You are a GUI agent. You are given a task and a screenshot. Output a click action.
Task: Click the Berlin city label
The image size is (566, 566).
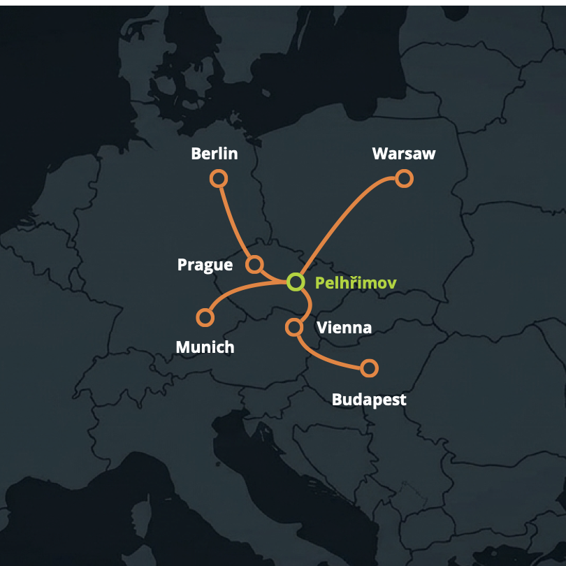[215, 154]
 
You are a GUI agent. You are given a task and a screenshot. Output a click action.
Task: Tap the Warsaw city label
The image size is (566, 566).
[404, 154]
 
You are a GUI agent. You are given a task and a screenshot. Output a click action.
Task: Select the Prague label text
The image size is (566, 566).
[205, 265]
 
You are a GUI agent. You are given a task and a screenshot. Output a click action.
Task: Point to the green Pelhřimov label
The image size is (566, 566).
[356, 283]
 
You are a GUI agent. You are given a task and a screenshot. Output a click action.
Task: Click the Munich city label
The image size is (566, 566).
[205, 347]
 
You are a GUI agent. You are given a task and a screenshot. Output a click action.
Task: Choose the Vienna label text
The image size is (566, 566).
[344, 327]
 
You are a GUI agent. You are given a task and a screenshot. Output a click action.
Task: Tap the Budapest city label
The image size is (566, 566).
[369, 400]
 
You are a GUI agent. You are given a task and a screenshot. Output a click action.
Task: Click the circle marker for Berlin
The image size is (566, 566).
[219, 179]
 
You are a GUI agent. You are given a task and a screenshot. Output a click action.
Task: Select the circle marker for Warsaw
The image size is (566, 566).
[404, 179]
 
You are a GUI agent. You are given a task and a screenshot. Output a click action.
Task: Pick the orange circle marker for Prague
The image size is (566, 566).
[254, 264]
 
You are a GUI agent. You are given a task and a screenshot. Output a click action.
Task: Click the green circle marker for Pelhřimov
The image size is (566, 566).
[296, 282]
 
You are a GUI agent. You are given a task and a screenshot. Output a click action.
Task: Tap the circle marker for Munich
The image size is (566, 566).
[205, 318]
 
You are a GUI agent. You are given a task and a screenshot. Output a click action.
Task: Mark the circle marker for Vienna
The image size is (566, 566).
[294, 326]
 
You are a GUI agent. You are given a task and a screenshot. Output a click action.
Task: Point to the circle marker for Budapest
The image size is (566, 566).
[370, 368]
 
